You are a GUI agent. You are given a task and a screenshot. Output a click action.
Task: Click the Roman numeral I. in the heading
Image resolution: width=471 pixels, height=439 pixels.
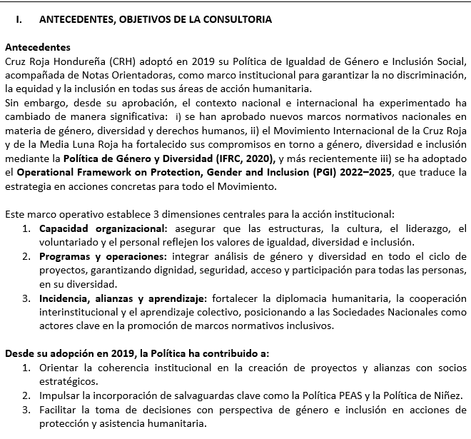point(19,19)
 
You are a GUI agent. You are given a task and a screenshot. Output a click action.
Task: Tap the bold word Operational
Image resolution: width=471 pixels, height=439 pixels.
point(47,172)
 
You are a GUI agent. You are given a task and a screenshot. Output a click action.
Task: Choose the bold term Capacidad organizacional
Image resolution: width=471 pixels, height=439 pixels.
point(101,228)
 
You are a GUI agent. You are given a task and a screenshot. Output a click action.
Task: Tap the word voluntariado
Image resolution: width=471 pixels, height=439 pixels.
point(72,241)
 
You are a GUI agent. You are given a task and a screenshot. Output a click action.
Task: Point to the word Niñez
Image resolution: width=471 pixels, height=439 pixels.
point(448,395)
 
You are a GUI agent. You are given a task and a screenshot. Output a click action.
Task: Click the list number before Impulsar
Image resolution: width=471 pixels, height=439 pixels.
point(26,395)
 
